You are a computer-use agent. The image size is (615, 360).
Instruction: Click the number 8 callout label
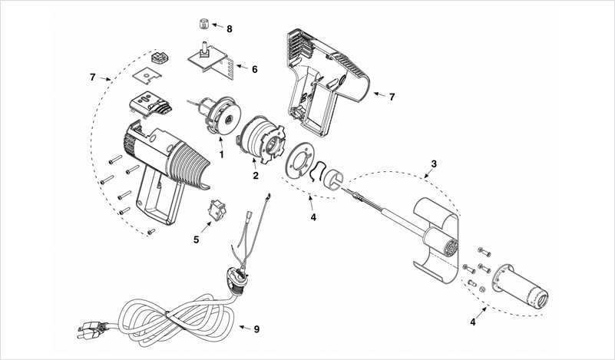[x=229, y=28]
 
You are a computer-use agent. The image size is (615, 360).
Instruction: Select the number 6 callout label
[x=254, y=69]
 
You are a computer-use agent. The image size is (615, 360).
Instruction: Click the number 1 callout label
[x=221, y=154]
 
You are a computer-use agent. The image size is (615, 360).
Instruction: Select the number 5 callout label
[x=196, y=239]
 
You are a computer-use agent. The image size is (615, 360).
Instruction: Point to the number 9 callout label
[x=256, y=329]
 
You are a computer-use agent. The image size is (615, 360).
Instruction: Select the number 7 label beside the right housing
[x=392, y=97]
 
